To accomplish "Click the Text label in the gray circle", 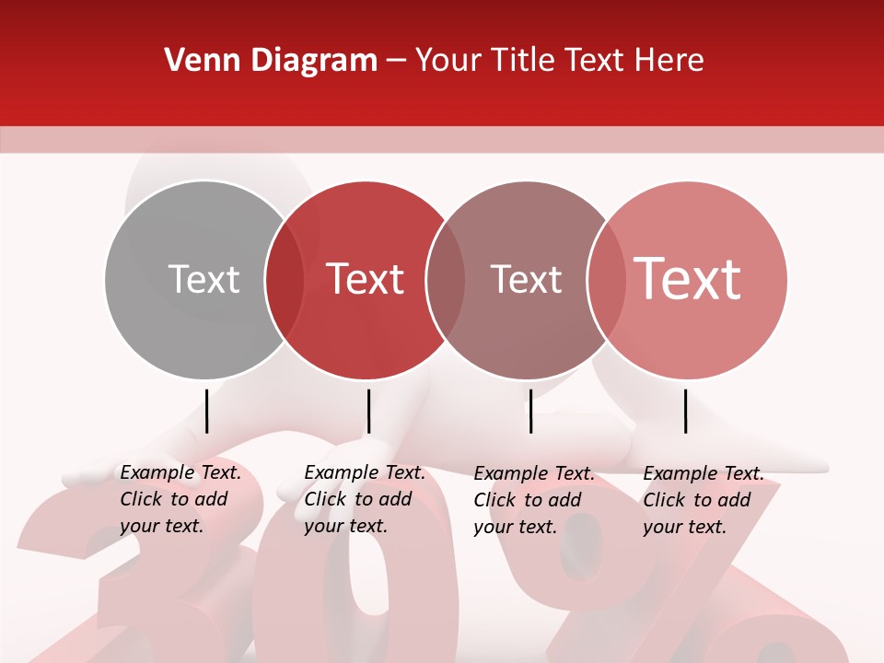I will tap(204, 279).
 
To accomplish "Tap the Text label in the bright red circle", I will tap(365, 279).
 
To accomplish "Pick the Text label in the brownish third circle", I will tap(526, 279).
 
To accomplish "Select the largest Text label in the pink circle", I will tap(687, 279).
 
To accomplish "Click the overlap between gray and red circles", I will tap(285, 279).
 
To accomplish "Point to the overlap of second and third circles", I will tap(446, 279).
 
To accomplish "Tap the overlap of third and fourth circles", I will tap(606, 279).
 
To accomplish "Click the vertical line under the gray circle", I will tap(207, 411).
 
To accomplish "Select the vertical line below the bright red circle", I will tap(368, 411).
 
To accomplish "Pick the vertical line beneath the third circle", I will tap(530, 411).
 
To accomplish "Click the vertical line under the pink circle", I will tap(686, 411).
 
